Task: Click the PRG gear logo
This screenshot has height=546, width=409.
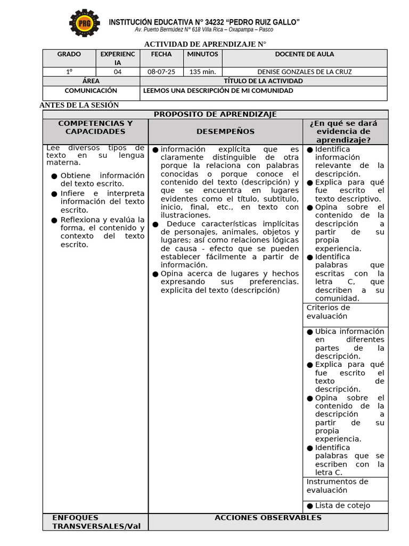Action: click(x=84, y=23)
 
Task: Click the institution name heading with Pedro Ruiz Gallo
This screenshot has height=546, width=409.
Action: click(x=204, y=22)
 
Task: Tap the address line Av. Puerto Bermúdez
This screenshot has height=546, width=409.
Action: click(x=204, y=30)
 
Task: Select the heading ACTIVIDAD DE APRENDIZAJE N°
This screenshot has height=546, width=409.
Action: click(x=205, y=44)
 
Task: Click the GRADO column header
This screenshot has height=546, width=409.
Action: click(x=69, y=54)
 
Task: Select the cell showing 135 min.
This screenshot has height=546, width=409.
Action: click(x=202, y=72)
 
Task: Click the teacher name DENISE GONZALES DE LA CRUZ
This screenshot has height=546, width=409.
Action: click(x=304, y=72)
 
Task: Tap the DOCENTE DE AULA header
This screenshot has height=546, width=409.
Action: click(x=304, y=54)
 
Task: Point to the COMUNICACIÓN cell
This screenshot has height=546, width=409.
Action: click(x=91, y=91)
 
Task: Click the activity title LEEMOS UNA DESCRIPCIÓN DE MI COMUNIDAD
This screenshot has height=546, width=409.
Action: click(x=218, y=91)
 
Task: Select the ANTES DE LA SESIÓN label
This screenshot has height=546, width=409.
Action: click(x=79, y=105)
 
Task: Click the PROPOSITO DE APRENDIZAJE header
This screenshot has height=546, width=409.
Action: click(x=215, y=114)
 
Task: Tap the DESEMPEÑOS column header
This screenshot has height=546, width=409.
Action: click(x=225, y=131)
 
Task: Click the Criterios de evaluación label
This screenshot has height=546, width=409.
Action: click(x=328, y=311)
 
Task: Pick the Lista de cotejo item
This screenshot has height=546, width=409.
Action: click(x=342, y=505)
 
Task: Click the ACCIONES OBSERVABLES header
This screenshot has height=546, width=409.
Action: click(x=268, y=518)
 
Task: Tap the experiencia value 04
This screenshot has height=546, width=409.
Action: click(x=118, y=72)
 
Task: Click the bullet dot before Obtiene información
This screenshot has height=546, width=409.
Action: click(x=54, y=176)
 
